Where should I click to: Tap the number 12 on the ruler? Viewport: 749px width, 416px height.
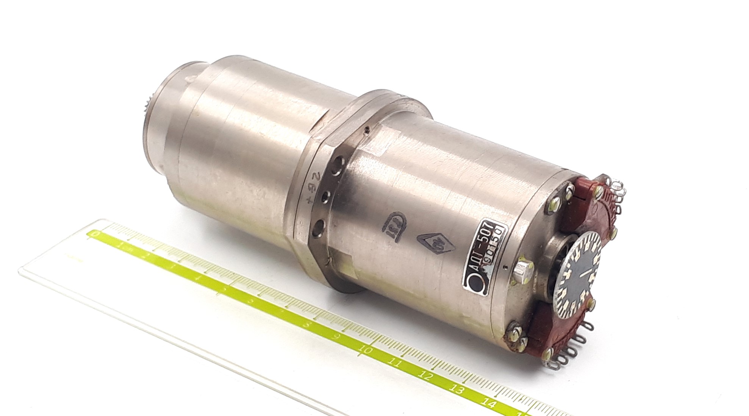pos(427,376)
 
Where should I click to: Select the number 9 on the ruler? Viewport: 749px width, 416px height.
pos(335,336)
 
